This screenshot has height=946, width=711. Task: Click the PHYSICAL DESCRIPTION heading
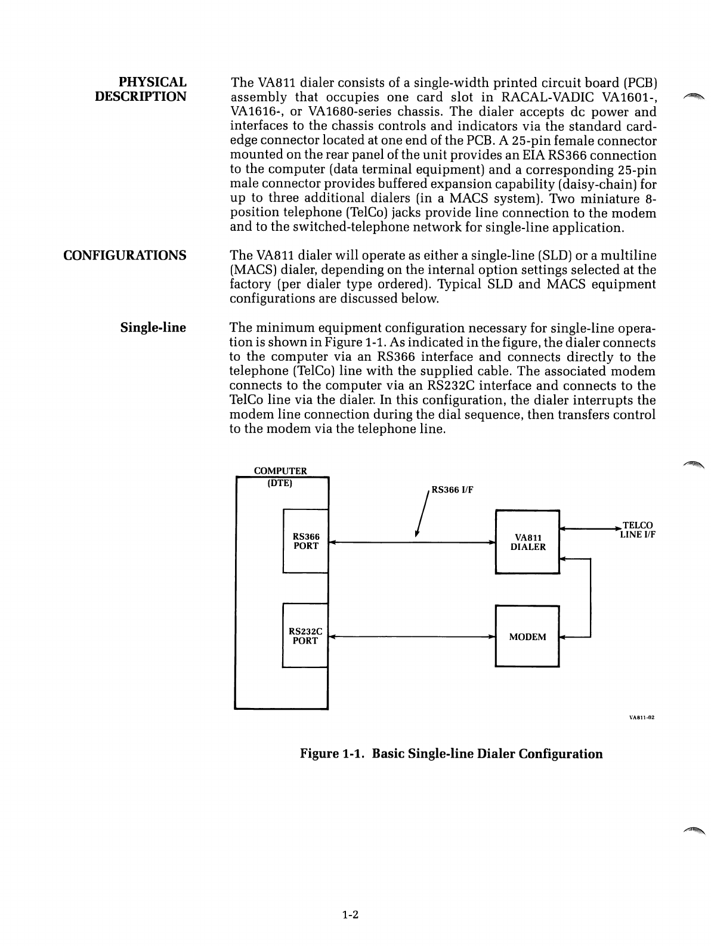click(x=141, y=89)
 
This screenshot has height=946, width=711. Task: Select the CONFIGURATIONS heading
click(x=125, y=255)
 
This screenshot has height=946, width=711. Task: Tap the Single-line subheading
click(x=153, y=327)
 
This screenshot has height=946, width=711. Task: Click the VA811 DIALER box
click(x=527, y=542)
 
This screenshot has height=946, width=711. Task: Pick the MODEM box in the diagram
click(x=527, y=636)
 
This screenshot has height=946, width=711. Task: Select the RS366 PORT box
click(x=305, y=541)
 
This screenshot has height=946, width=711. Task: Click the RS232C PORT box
click(x=305, y=636)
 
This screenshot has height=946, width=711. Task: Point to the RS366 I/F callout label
click(x=452, y=490)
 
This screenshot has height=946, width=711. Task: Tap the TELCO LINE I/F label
click(x=637, y=530)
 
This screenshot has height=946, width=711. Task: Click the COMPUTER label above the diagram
click(x=280, y=471)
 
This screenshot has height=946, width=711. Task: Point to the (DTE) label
click(x=280, y=483)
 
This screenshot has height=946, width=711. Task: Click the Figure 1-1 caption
click(x=451, y=753)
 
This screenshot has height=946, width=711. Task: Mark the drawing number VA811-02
click(x=642, y=718)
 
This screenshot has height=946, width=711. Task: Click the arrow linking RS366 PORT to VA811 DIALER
click(x=412, y=543)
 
